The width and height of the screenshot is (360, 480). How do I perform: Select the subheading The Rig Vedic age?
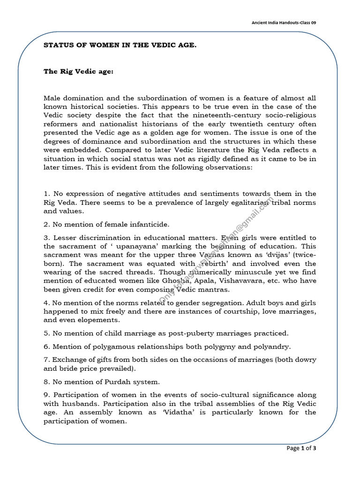[x=78, y=72]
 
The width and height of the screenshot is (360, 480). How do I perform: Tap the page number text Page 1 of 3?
[x=301, y=449]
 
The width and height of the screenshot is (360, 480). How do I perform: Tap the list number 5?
[x=46, y=333]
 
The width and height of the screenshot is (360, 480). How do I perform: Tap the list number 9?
[x=46, y=395]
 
